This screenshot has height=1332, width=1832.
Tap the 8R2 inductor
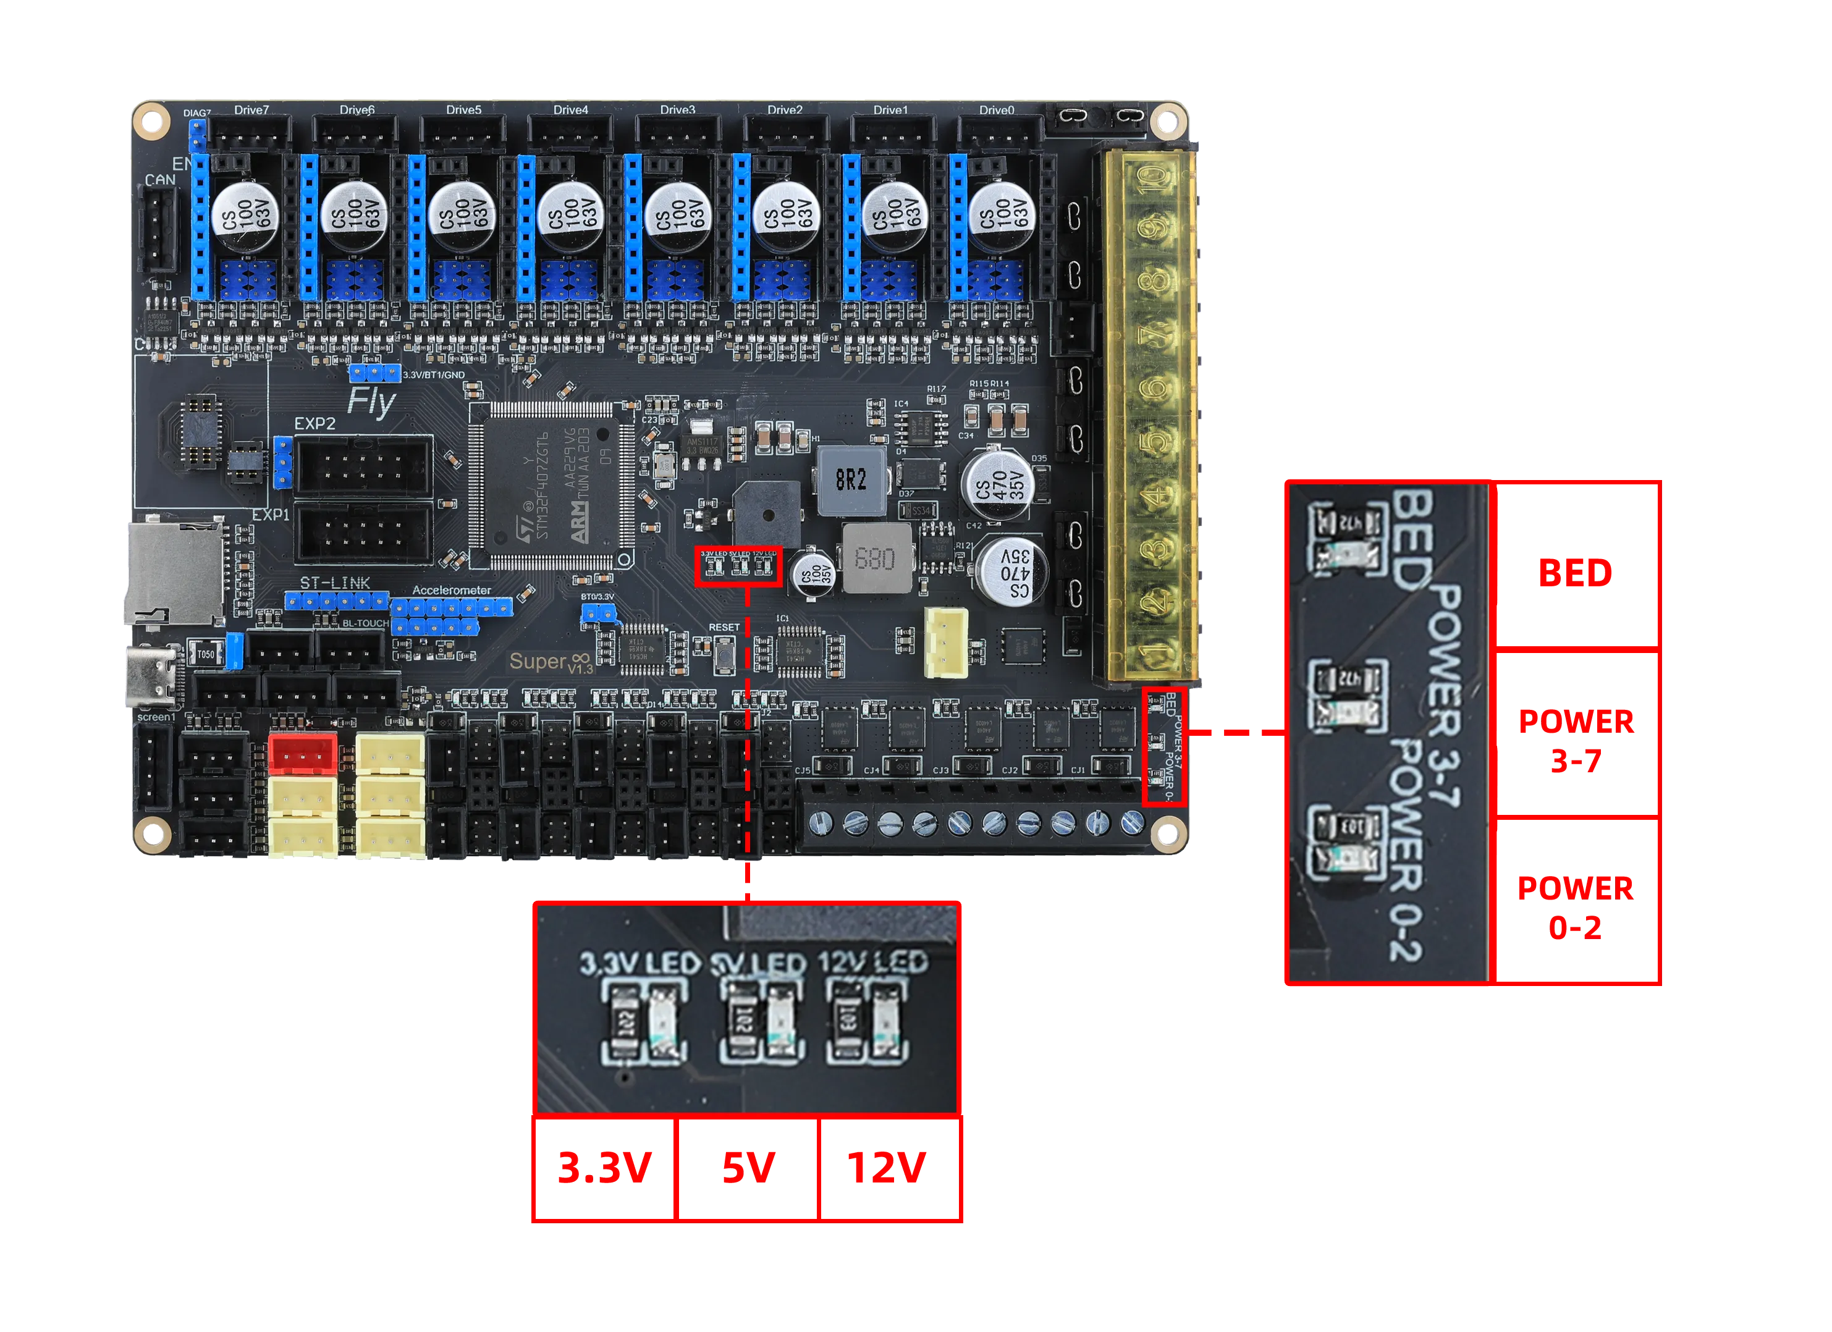(851, 481)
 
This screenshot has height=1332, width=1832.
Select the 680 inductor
(876, 558)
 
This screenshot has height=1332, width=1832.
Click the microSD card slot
(174, 570)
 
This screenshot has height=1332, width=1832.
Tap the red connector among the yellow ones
(302, 754)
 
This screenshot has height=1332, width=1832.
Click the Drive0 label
(996, 110)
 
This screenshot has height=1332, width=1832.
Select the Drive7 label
(251, 110)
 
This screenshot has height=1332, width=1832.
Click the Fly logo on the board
(371, 402)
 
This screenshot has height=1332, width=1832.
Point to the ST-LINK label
(334, 583)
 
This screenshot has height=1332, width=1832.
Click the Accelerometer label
(452, 591)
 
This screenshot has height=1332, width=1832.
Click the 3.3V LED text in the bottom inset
(640, 963)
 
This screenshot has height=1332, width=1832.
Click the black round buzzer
(766, 514)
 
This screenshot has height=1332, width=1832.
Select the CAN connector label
(160, 179)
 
